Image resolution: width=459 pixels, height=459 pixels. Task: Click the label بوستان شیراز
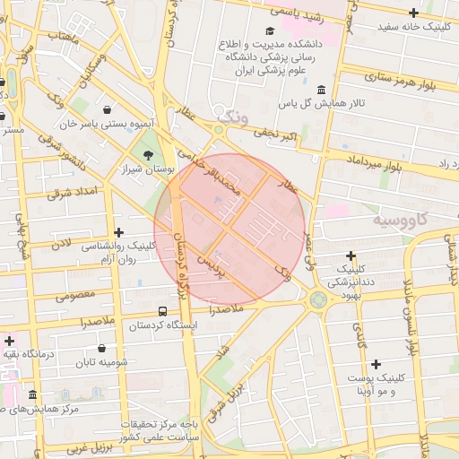148,169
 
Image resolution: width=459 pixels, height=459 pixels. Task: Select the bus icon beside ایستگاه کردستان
161,310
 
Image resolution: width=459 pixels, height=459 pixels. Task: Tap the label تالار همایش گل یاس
322,104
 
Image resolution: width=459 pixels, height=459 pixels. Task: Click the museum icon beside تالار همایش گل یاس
321,89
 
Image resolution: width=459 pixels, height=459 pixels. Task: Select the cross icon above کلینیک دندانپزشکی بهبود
351,256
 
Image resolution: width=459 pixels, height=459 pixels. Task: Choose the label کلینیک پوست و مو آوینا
376,385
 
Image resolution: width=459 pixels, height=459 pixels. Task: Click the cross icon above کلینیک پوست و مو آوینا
376,364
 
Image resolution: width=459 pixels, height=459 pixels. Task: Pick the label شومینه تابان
102,362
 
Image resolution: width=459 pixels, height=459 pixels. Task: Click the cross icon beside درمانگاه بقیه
9,341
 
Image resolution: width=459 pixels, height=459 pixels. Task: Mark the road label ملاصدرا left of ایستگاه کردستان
84,321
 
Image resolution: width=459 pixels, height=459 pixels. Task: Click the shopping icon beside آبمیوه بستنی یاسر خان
107,109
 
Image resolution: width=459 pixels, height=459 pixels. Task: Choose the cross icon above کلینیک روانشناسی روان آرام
117,232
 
